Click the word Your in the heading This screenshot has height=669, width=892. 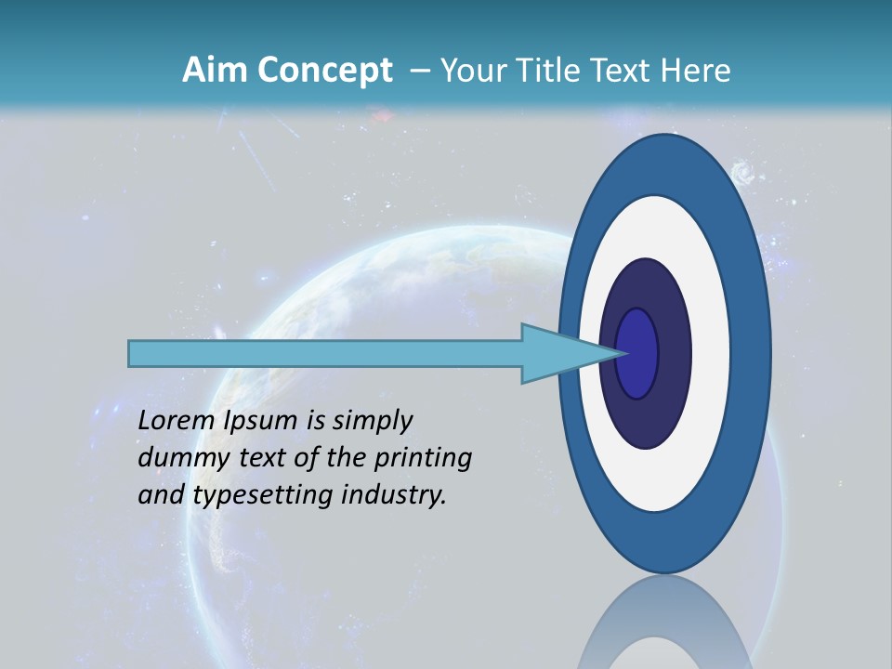pyautogui.click(x=468, y=71)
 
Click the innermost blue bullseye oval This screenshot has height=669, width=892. pyautogui.click(x=637, y=353)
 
